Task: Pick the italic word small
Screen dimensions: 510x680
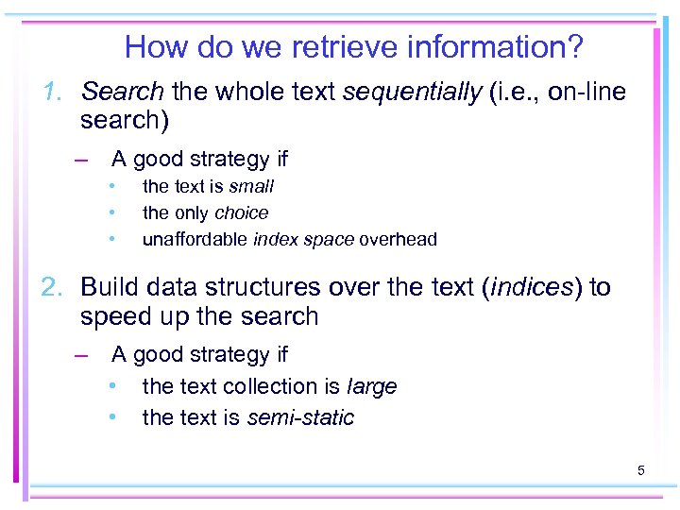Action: click(x=251, y=187)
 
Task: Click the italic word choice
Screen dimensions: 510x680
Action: click(x=242, y=213)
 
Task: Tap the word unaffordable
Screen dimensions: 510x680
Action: click(x=195, y=240)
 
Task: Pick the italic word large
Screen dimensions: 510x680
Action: click(x=372, y=387)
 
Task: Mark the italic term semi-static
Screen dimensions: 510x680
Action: click(x=300, y=417)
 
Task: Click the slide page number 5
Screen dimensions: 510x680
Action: click(x=641, y=469)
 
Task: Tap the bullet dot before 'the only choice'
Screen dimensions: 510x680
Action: click(x=111, y=213)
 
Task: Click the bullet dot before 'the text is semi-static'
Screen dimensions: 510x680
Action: click(x=111, y=416)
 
